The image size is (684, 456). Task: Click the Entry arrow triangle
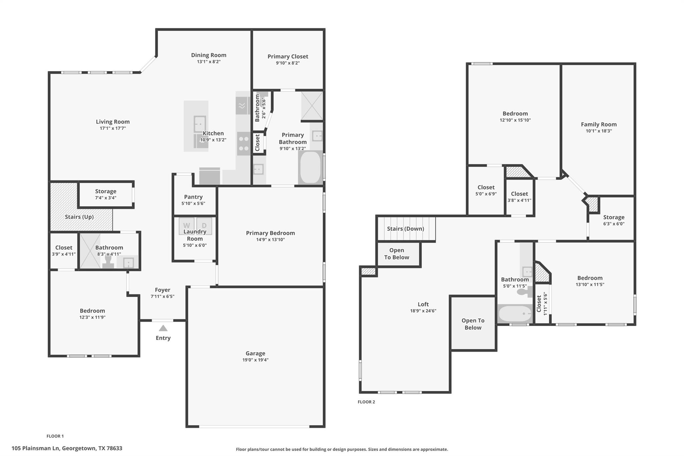coord(163,328)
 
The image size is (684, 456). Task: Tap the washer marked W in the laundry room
coord(186,225)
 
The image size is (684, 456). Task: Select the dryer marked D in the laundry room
coord(204,225)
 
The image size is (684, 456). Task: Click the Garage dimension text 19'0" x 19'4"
coord(255,360)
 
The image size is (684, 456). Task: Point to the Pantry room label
coord(193,197)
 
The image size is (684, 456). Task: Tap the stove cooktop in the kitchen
coord(244,144)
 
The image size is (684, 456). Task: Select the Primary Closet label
coord(288,56)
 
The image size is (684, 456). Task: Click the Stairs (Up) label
coord(79,217)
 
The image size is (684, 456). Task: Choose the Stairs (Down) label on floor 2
coord(405,229)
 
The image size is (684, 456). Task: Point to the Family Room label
coord(598,124)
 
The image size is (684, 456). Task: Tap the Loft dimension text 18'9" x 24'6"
coord(423,311)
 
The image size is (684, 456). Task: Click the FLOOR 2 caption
coord(366,402)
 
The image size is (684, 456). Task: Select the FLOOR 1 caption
coord(55,436)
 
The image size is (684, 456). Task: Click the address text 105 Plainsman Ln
coord(67,448)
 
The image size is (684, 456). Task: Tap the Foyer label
coord(163,290)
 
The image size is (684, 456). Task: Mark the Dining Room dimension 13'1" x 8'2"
coord(209,61)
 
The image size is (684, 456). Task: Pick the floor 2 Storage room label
coord(614,217)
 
